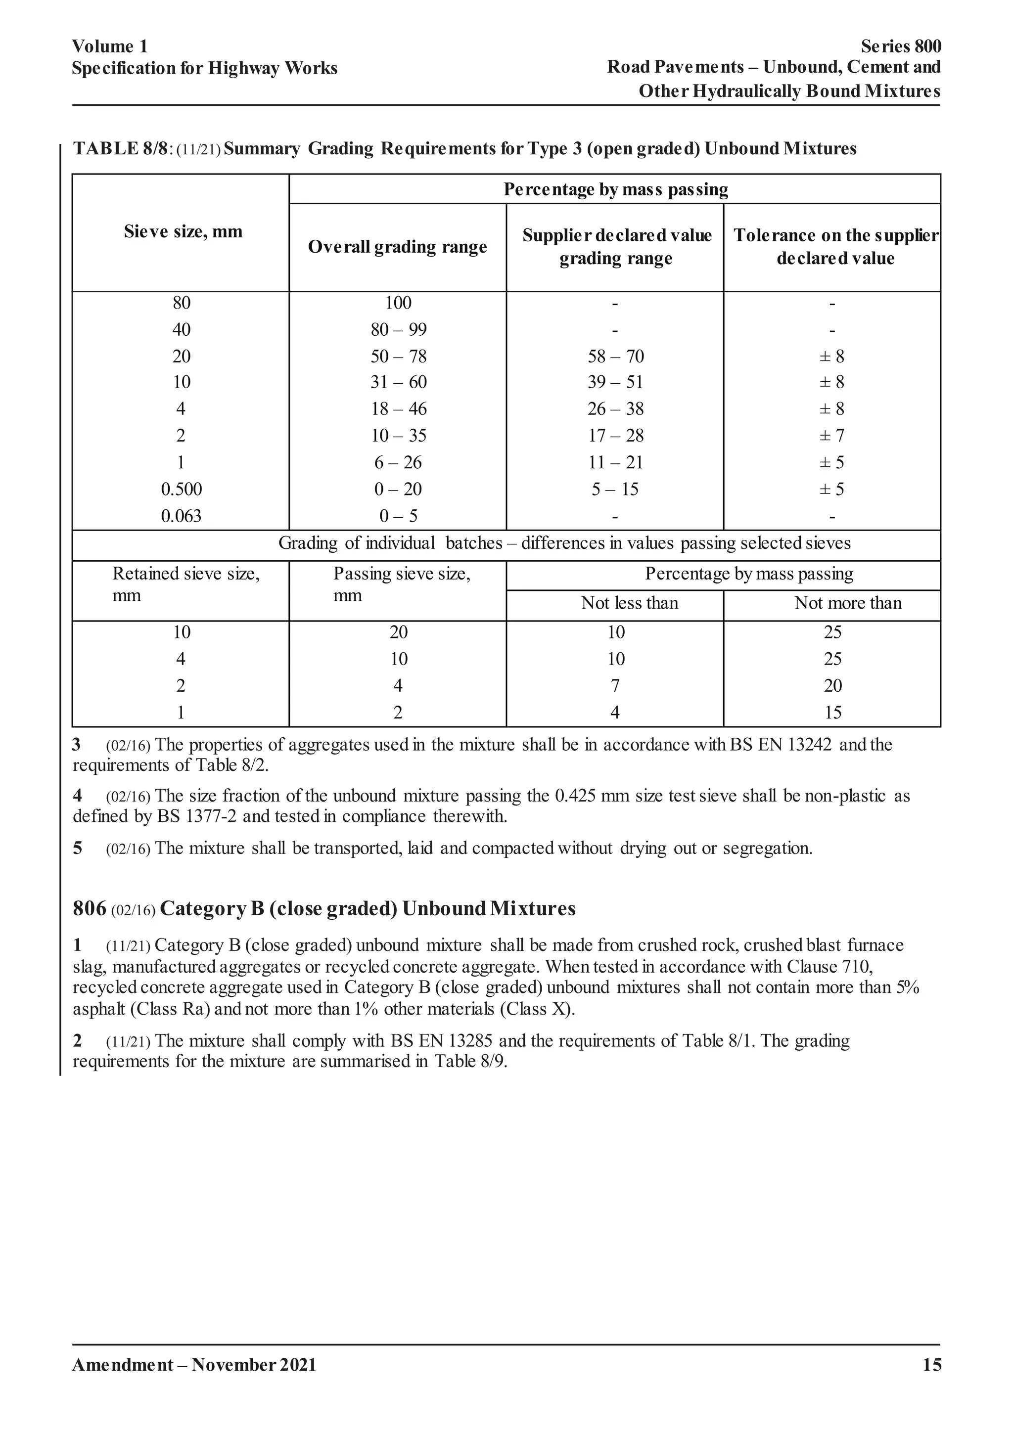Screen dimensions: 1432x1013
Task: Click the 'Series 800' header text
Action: [x=901, y=47]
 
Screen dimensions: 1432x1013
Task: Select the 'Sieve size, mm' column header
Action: [x=183, y=232]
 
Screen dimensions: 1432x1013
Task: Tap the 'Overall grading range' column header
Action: [x=397, y=247]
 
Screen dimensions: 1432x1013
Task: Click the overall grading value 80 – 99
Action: [x=398, y=329]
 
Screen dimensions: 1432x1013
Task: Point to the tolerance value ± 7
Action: [x=831, y=435]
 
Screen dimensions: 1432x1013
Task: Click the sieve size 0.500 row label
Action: [x=182, y=489]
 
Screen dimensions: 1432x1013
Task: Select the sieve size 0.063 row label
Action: [x=182, y=516]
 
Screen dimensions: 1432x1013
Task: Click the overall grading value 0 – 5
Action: [x=398, y=516]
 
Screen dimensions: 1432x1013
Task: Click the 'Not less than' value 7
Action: [x=615, y=685]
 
